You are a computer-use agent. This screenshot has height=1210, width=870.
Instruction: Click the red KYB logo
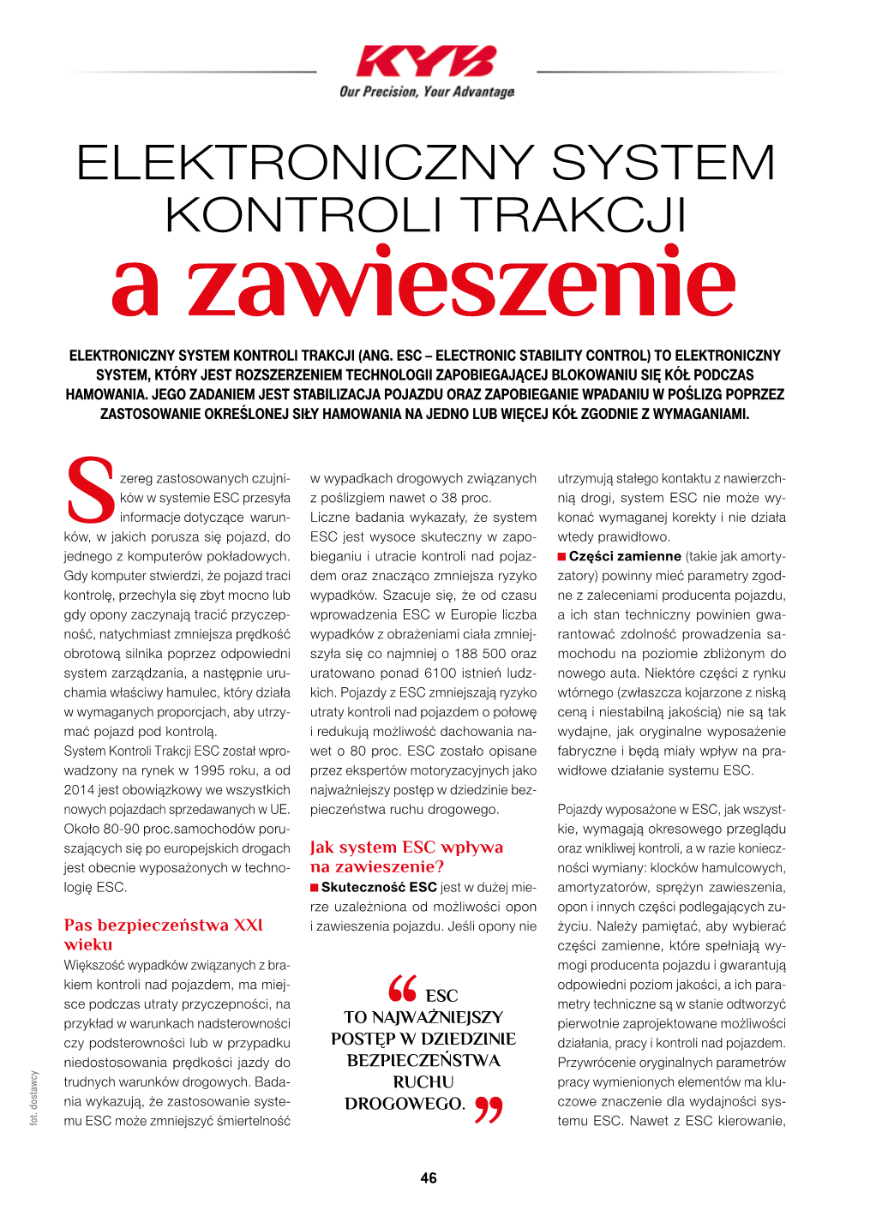(x=426, y=62)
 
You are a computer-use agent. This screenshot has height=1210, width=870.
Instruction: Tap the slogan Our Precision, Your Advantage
(x=427, y=92)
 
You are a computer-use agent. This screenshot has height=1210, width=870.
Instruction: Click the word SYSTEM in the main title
(x=663, y=163)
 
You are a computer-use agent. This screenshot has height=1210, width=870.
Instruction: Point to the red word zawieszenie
(x=461, y=284)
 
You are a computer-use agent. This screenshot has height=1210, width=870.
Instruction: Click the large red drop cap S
(x=89, y=491)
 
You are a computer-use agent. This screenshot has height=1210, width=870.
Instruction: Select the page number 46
(x=429, y=1178)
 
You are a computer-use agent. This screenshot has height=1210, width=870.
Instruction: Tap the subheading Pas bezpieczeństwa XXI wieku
(x=163, y=935)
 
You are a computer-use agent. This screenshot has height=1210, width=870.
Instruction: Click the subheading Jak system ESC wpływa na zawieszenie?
(x=406, y=857)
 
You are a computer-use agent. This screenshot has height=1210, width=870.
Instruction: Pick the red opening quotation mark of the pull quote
(x=402, y=989)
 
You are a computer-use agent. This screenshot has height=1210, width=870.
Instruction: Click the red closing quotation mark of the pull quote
(x=489, y=1110)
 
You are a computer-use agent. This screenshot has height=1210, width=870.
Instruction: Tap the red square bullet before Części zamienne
(x=562, y=557)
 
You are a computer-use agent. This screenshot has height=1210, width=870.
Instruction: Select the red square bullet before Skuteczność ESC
(x=315, y=888)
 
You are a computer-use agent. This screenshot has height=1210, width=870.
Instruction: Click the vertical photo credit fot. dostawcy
(x=34, y=1098)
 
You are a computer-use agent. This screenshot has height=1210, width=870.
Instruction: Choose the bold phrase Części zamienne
(x=625, y=556)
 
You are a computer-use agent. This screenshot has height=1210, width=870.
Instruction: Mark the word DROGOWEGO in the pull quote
(x=405, y=1104)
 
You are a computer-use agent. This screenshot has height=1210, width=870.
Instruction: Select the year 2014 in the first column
(x=79, y=790)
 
